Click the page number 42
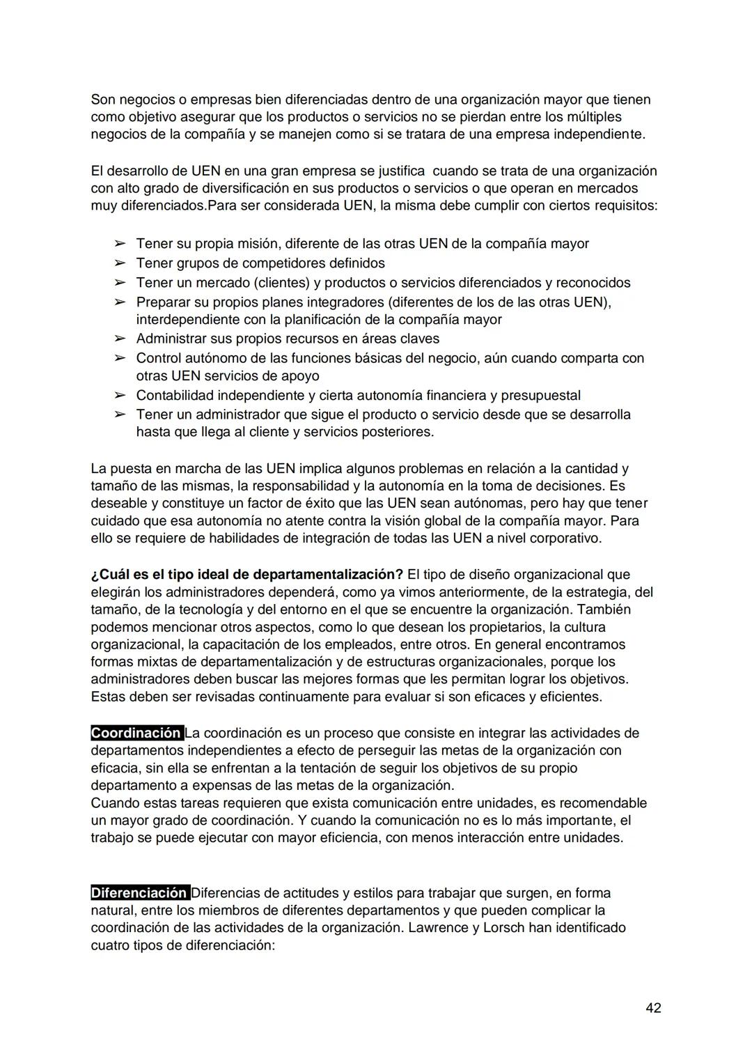pos(653,1007)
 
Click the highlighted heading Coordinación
pos(136,733)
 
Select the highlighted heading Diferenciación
pos(139,893)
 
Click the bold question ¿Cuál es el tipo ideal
pos(246,575)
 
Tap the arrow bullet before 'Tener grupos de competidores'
pos(120,263)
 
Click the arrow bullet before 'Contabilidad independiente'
pos(120,396)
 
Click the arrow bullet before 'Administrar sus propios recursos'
pos(120,339)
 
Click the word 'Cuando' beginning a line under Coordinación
pos(113,803)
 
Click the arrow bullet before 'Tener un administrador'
pos(120,414)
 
